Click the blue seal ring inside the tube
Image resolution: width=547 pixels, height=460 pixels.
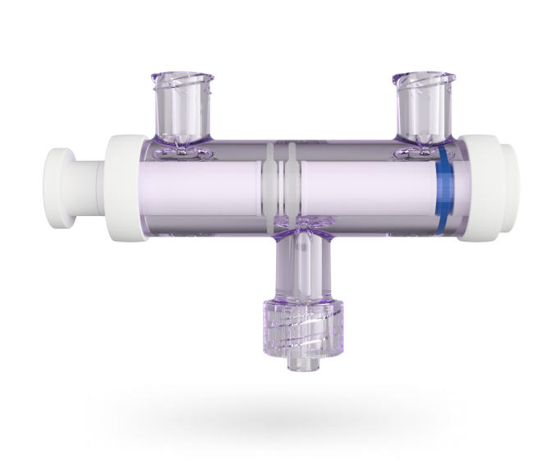click(x=444, y=190)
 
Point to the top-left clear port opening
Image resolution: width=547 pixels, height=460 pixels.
click(x=182, y=80)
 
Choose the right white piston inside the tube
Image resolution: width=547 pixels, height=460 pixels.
click(x=365, y=191)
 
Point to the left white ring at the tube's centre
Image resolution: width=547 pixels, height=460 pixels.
click(x=272, y=189)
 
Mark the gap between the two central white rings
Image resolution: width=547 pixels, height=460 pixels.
click(x=282, y=189)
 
